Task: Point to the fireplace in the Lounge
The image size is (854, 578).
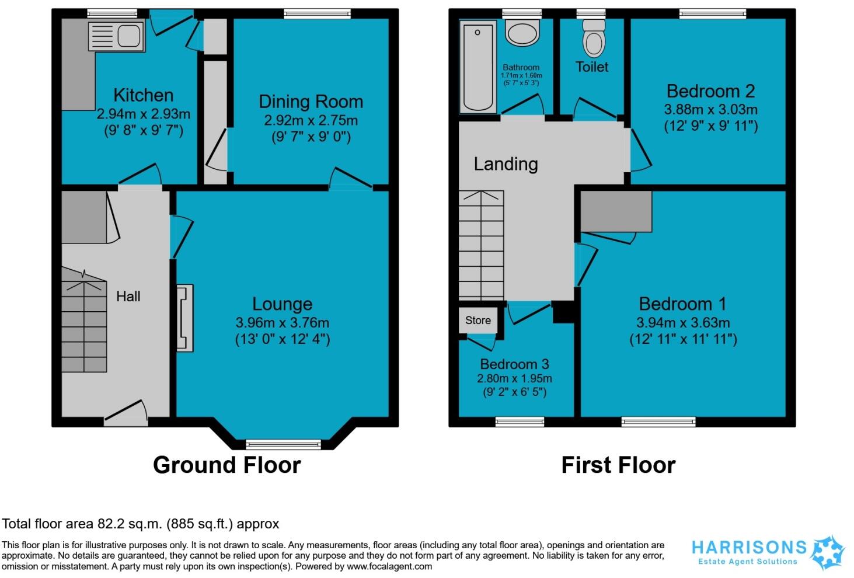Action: click(184, 318)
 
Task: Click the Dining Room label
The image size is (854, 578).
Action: click(311, 102)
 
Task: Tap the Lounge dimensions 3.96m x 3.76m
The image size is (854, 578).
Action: click(282, 322)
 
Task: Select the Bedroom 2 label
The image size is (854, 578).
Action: click(710, 91)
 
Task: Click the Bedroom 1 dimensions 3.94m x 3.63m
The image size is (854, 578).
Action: click(682, 322)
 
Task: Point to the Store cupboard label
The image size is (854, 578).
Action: click(477, 320)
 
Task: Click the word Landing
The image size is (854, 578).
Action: click(506, 164)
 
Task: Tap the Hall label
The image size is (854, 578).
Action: click(128, 296)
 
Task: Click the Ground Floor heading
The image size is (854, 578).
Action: click(226, 465)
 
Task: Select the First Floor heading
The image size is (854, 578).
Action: click(618, 465)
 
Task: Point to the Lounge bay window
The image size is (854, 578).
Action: click(283, 444)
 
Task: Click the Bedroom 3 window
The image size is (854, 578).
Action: click(520, 422)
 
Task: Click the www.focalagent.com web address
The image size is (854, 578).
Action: click(389, 566)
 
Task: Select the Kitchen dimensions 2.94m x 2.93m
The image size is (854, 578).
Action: click(143, 114)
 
